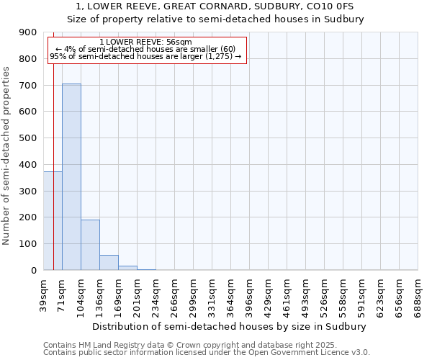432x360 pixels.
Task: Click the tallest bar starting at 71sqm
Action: [x=71, y=176]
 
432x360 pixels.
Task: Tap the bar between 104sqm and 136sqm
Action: [x=90, y=245]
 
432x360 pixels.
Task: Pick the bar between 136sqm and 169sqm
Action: [x=109, y=263]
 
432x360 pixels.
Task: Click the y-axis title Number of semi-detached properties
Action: [x=6, y=156]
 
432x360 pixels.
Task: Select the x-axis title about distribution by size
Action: [x=230, y=326]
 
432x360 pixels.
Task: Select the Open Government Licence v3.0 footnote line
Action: [x=207, y=353]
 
